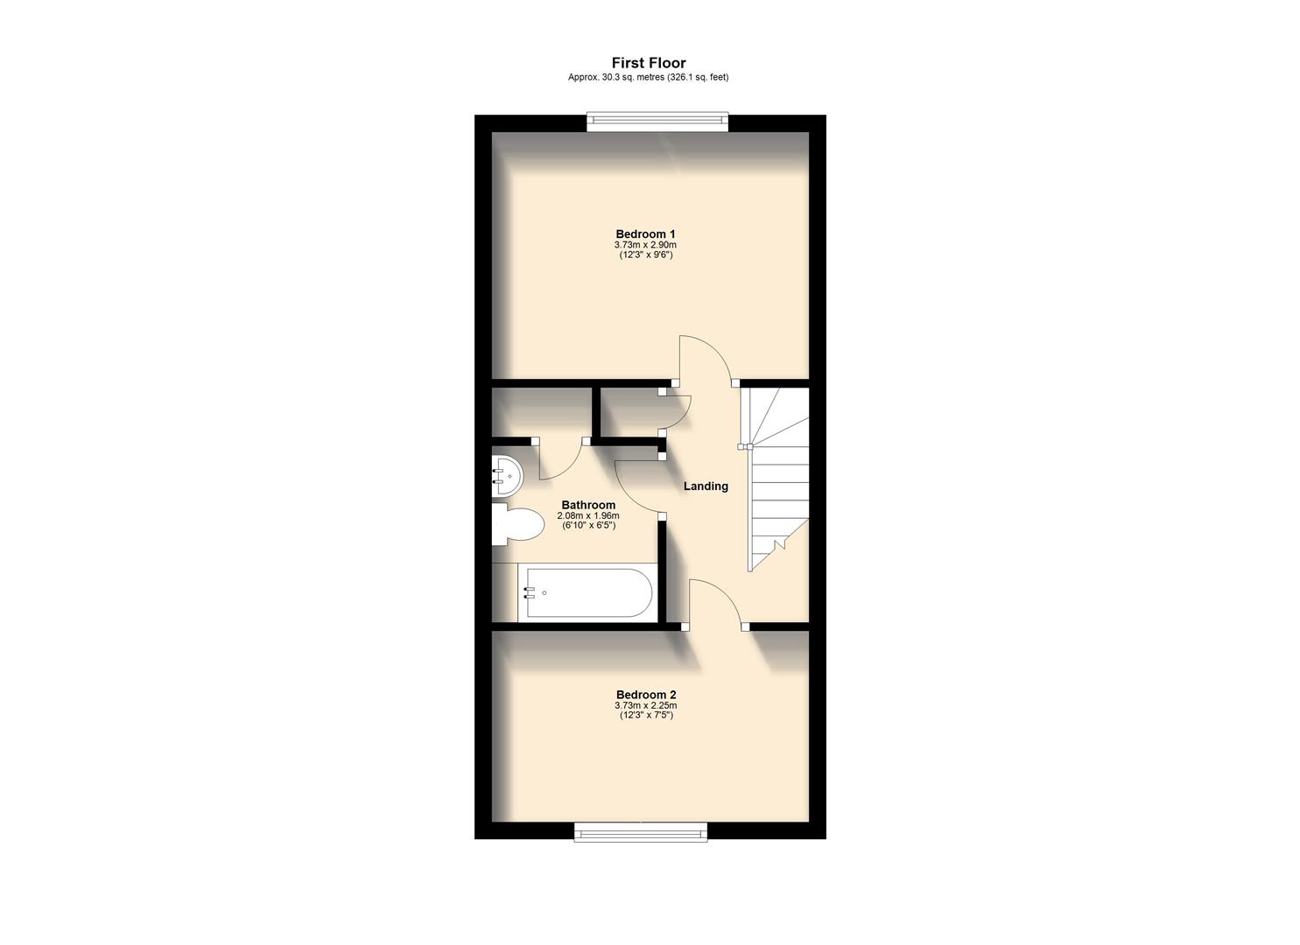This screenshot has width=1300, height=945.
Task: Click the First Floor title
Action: coord(648,63)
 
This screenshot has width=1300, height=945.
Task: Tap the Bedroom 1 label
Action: coord(645,234)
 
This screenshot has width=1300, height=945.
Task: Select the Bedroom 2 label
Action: coord(645,695)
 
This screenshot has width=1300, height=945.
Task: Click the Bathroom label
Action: coord(588,505)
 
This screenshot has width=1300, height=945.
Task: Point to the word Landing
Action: coord(706,486)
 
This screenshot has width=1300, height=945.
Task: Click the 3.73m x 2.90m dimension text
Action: coord(645,245)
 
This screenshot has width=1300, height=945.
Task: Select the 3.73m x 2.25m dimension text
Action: coord(645,705)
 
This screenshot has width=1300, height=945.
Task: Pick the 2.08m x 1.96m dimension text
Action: coord(588,515)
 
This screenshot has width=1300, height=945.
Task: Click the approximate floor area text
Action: coord(648,77)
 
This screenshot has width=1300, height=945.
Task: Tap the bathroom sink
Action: coord(506,477)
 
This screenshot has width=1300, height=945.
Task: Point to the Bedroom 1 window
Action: coord(657,122)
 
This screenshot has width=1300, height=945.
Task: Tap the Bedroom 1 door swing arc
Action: coord(705,357)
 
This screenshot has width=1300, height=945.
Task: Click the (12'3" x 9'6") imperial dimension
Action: coord(645,255)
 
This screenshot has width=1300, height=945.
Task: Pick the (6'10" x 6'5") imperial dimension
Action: coord(588,525)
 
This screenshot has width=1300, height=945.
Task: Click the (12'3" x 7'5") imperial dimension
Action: coord(645,715)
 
